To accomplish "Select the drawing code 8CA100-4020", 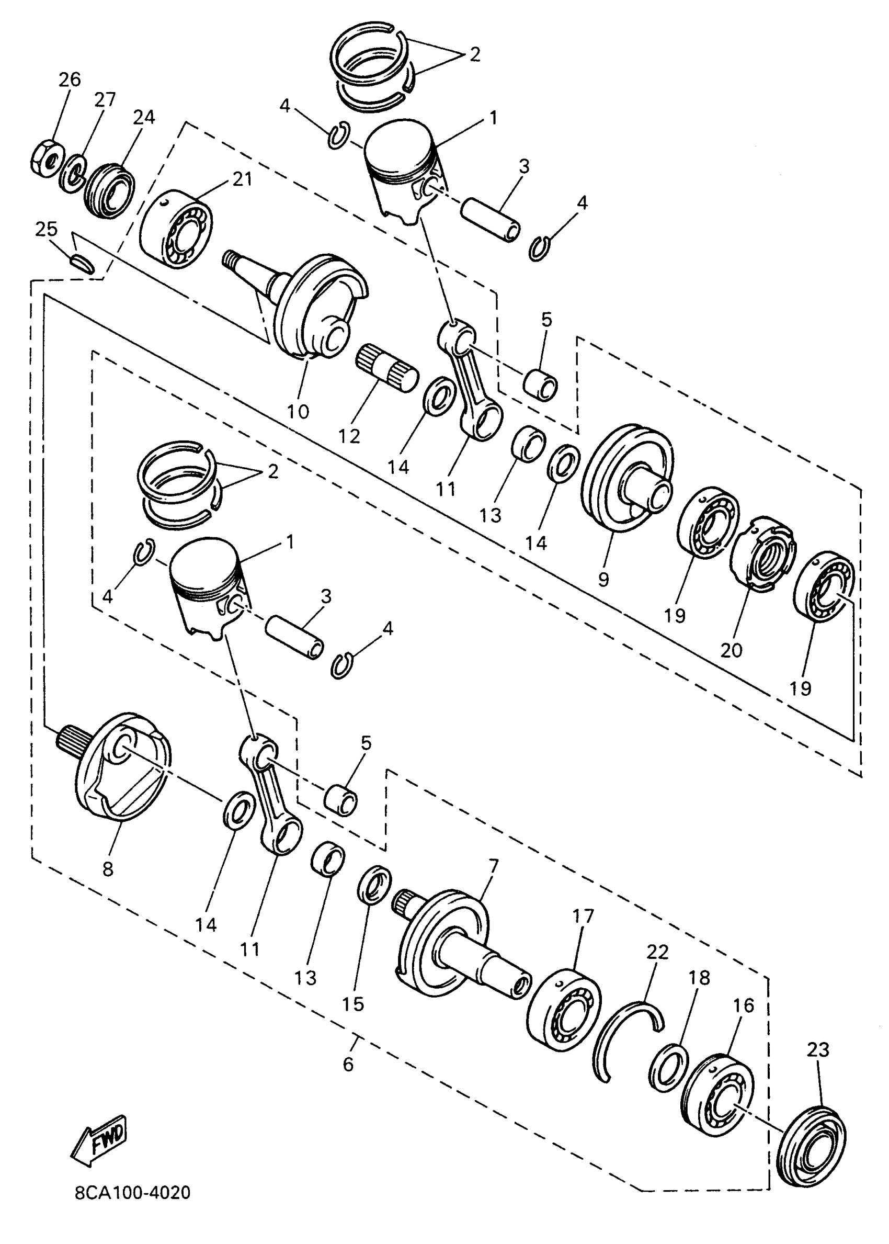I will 132,1193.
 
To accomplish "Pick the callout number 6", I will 348,1065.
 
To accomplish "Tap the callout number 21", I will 242,179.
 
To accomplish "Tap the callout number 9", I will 603,579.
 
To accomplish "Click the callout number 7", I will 493,866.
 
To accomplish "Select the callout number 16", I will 744,1005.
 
